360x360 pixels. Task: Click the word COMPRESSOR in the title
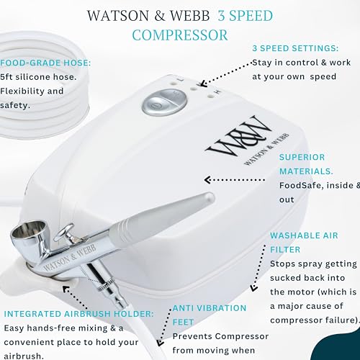pyautogui.click(x=180, y=35)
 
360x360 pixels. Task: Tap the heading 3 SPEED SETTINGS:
pyautogui.click(x=295, y=48)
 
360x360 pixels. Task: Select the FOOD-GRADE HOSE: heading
pyautogui.click(x=45, y=63)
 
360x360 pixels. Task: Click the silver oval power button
pyautogui.click(x=164, y=102)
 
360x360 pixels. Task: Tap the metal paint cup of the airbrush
pyautogui.click(x=29, y=233)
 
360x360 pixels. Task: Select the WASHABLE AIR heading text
pyautogui.click(x=304, y=235)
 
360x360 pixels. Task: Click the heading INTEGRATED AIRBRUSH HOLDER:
pyautogui.click(x=78, y=314)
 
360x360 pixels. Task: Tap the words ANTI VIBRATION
pyautogui.click(x=210, y=308)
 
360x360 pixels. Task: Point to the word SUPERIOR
pyautogui.click(x=302, y=157)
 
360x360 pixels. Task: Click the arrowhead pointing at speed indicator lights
pyautogui.click(x=204, y=84)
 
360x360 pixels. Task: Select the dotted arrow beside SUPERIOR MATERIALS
pyautogui.click(x=234, y=180)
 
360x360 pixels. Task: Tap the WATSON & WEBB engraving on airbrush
pyautogui.click(x=70, y=258)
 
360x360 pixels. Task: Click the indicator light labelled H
pyautogui.click(x=210, y=96)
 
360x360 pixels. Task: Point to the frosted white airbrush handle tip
pyautogui.click(x=208, y=197)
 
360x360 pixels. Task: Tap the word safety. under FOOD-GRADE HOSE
pyautogui.click(x=15, y=105)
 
